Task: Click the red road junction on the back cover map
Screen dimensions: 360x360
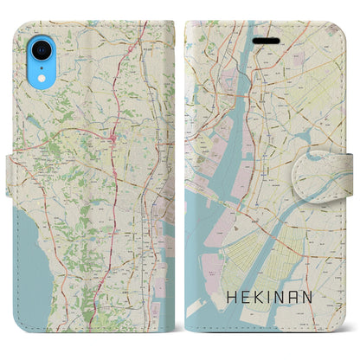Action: click(114, 136)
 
